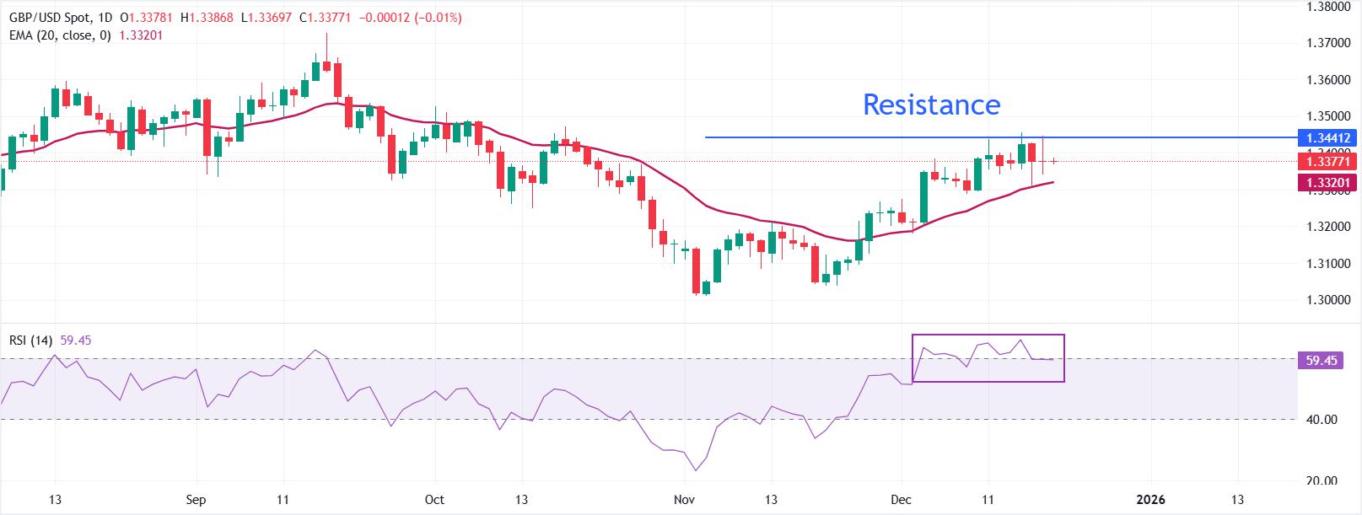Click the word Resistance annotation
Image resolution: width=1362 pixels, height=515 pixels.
pyautogui.click(x=931, y=105)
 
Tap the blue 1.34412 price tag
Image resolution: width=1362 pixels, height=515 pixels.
pyautogui.click(x=1328, y=137)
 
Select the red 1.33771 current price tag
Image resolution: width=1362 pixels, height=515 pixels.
pyautogui.click(x=1328, y=161)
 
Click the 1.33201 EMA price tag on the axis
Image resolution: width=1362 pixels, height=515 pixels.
pyautogui.click(x=1328, y=182)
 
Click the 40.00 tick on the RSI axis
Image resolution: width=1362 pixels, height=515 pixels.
pyautogui.click(x=1320, y=420)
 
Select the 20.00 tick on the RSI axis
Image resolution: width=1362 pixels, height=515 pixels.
pyautogui.click(x=1320, y=481)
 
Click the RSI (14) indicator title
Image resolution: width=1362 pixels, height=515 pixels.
pyautogui.click(x=30, y=341)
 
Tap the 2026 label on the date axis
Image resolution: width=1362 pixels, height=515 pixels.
pyautogui.click(x=1150, y=500)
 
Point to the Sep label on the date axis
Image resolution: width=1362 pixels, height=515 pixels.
pyautogui.click(x=196, y=500)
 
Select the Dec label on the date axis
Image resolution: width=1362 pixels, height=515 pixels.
pyautogui.click(x=902, y=500)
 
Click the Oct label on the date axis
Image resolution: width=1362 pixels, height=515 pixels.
pyautogui.click(x=434, y=500)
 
